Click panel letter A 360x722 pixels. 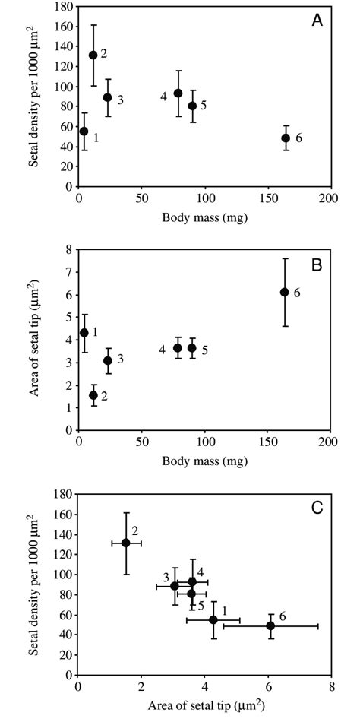click(x=317, y=21)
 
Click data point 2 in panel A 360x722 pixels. click(x=93, y=55)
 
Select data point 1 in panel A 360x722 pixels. click(x=84, y=131)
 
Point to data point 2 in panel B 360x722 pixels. click(x=93, y=395)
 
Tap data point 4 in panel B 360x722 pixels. click(x=178, y=348)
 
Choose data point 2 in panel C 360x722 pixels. click(x=126, y=543)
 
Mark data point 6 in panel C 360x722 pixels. click(x=270, y=625)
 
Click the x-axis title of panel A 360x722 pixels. click(x=204, y=218)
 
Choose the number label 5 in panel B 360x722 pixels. click(x=204, y=350)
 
